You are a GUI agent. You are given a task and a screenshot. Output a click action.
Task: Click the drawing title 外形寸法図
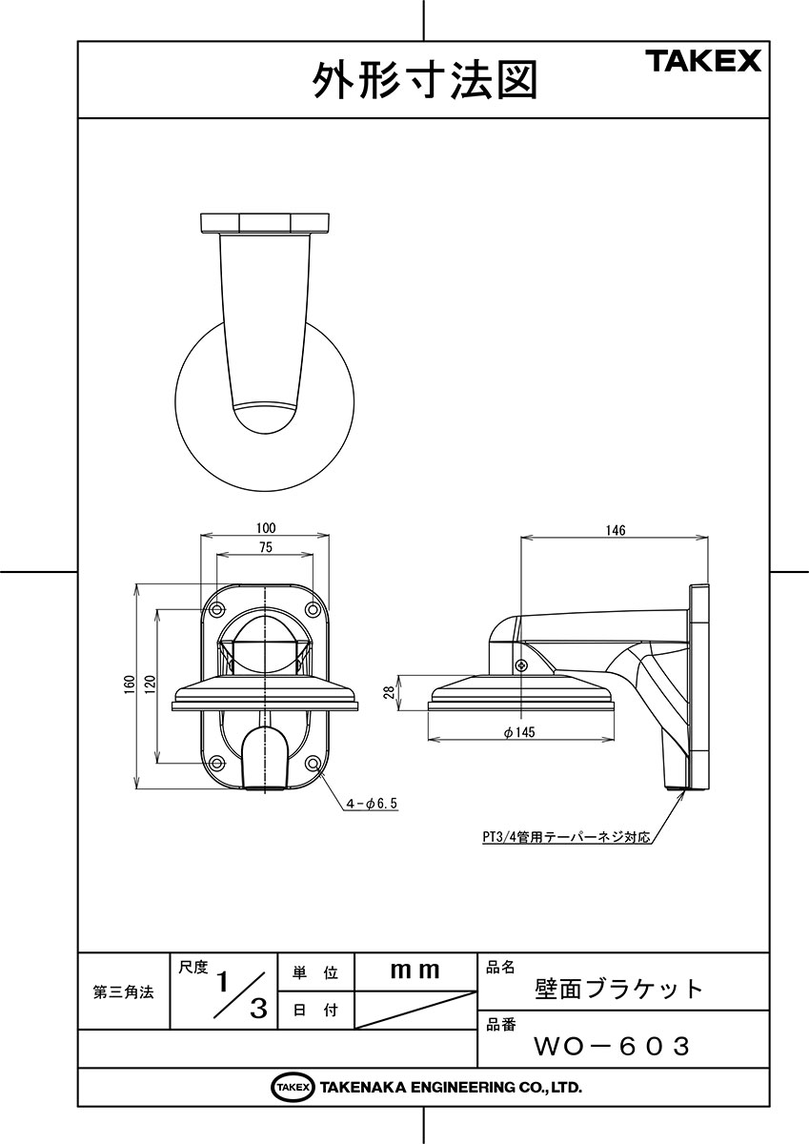(x=425, y=81)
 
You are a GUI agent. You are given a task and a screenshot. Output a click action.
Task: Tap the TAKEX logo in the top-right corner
(x=705, y=61)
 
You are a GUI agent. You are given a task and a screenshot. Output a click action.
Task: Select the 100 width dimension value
(x=266, y=527)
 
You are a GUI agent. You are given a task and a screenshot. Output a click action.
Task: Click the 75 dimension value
(x=266, y=547)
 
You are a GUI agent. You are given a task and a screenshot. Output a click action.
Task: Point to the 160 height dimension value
(x=130, y=684)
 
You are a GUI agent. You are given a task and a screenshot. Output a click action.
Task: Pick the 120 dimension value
(x=150, y=684)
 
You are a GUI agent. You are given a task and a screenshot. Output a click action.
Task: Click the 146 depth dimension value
(x=615, y=531)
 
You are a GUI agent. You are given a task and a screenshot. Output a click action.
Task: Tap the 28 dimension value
(x=389, y=692)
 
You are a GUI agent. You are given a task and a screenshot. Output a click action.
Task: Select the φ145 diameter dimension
(x=519, y=732)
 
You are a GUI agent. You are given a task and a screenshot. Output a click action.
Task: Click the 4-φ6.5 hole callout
(x=372, y=804)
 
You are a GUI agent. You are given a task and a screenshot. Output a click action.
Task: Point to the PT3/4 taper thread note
(x=567, y=838)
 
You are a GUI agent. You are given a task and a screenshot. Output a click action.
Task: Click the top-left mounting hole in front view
(x=217, y=609)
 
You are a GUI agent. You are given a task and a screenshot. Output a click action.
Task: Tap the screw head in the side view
(x=521, y=664)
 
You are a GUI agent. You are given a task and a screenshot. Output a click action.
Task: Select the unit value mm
(x=415, y=970)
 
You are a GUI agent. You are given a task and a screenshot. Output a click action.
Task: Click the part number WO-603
(x=612, y=1046)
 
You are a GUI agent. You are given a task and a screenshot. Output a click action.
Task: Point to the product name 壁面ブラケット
(x=618, y=990)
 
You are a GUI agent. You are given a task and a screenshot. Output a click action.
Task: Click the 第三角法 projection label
(x=123, y=991)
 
